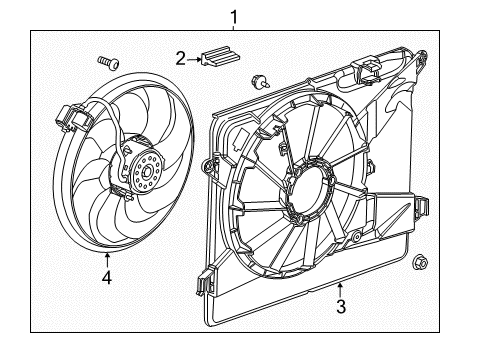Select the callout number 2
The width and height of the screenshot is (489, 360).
coord(181,59)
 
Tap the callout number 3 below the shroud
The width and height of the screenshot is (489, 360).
coord(341,307)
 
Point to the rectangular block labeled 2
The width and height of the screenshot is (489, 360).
coord(219,59)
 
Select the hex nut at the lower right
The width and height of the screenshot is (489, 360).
coord(420,264)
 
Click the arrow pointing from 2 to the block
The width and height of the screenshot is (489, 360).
coord(196,59)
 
